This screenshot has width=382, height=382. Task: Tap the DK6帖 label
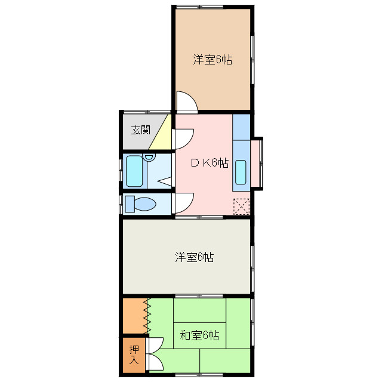coord(209,162)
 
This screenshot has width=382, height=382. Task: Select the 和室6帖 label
coord(199,334)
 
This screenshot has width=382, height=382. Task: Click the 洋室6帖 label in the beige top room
coord(212,60)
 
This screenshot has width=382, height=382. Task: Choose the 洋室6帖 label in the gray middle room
coord(195,257)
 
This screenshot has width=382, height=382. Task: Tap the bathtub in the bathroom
coord(134,171)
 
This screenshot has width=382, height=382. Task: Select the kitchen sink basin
coord(241,172)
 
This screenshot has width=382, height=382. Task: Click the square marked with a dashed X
coord(241,207)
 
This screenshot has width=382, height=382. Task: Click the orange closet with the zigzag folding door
coord(135,316)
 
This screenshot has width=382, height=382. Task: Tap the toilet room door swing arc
coord(184,203)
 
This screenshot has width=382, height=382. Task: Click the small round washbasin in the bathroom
coord(149,158)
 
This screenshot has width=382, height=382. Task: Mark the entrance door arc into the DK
coord(183,138)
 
